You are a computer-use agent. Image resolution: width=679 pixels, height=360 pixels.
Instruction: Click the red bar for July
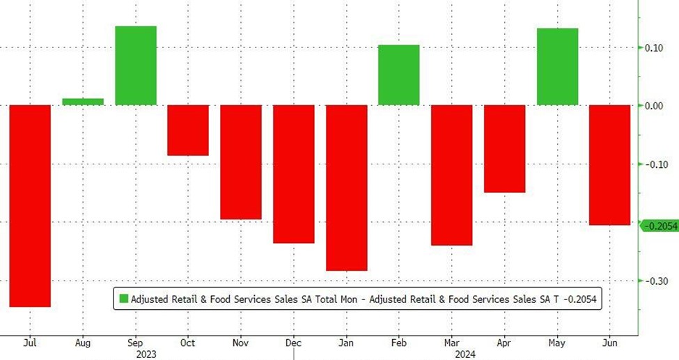(x=29, y=205)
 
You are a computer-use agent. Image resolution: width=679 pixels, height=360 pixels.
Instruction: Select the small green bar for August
(x=83, y=102)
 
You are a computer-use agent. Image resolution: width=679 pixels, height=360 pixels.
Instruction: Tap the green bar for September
(x=135, y=65)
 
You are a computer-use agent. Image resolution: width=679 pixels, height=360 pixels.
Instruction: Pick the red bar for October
(x=188, y=130)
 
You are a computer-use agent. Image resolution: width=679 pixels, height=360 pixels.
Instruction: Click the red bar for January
(x=346, y=187)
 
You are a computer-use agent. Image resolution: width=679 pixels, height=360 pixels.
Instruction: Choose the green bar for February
(x=398, y=75)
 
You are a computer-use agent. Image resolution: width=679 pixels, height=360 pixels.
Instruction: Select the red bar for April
(x=504, y=148)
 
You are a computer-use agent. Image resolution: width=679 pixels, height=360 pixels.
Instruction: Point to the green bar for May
(x=557, y=67)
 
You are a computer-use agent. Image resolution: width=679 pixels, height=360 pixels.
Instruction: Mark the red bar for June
(x=610, y=165)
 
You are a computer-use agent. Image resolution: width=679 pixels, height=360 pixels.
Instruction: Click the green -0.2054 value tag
(x=658, y=226)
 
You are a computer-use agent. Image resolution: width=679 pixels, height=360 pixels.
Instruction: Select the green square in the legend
(x=123, y=299)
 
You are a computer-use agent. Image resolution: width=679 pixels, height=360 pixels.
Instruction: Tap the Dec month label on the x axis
(x=293, y=343)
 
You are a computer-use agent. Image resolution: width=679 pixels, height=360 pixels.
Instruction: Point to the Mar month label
(x=451, y=343)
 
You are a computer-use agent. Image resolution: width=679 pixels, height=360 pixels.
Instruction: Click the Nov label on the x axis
(x=240, y=343)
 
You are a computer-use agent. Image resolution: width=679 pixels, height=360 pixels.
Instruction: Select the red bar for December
(x=293, y=174)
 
